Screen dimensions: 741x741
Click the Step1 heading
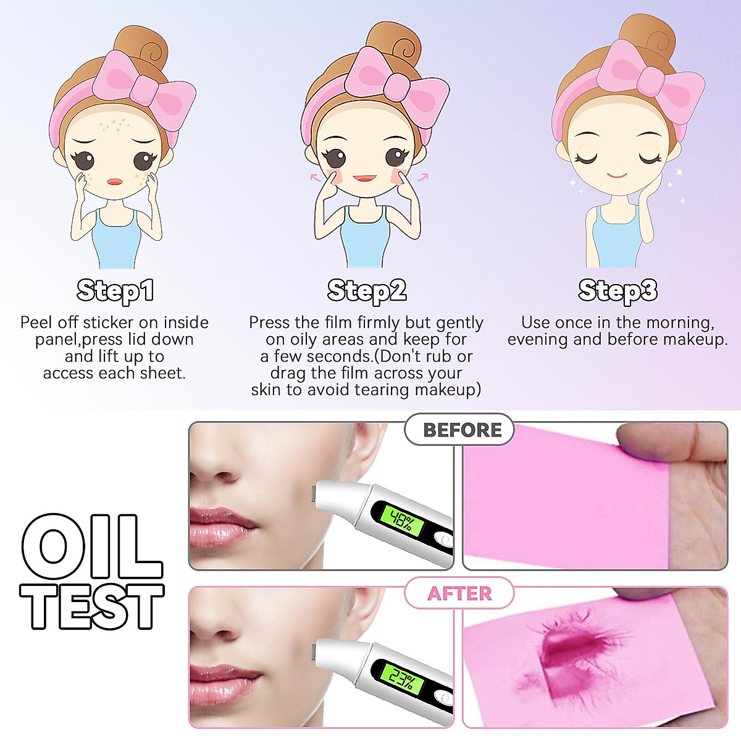point(115,291)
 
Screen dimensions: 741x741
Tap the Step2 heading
point(367,291)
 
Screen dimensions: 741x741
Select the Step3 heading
point(617,291)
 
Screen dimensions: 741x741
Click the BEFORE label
point(461,430)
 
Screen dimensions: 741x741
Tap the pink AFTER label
point(459,593)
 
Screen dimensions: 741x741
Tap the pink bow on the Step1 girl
point(143,87)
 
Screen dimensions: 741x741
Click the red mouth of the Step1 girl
point(115,182)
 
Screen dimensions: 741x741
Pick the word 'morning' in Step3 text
point(679,322)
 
